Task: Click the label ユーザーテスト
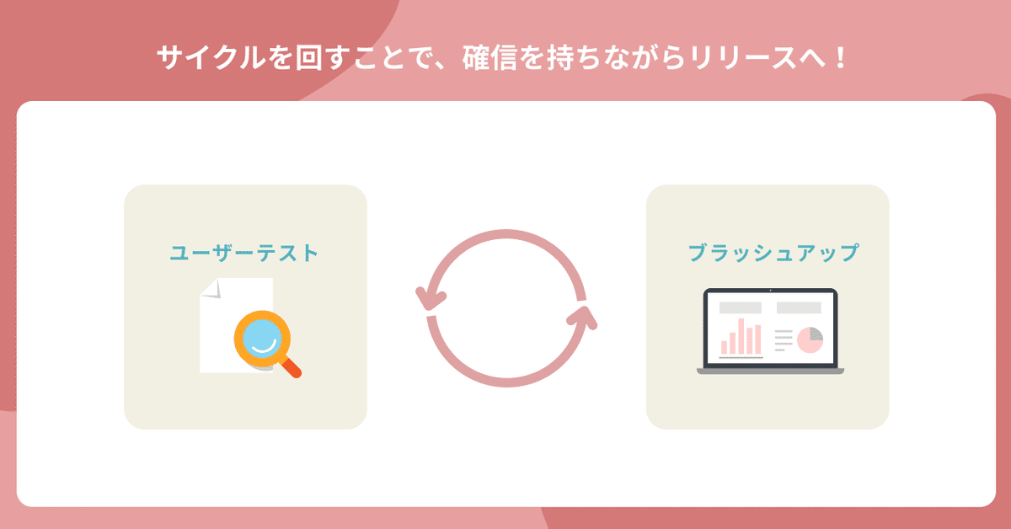tap(244, 253)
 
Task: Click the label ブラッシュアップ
tap(773, 253)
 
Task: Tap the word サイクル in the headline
tap(211, 58)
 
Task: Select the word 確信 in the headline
tap(489, 58)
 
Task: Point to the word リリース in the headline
tap(743, 58)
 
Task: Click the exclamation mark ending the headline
tap(840, 58)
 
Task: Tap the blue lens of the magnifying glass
tap(262, 339)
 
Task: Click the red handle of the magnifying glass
tap(290, 367)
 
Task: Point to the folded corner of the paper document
tap(211, 288)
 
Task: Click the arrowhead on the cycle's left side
tap(430, 298)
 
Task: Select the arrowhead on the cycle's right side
tap(583, 317)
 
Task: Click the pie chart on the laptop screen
tap(810, 340)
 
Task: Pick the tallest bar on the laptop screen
tap(741, 336)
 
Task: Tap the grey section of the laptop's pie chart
tap(816, 334)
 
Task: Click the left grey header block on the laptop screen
tap(741, 307)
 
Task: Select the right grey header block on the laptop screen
tap(799, 307)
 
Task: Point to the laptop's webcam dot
tap(770, 291)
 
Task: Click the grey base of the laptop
tap(770, 371)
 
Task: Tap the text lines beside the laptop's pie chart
tap(784, 340)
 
